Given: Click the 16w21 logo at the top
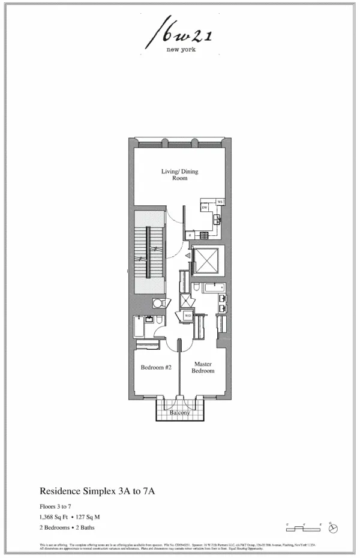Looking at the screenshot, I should pyautogui.click(x=180, y=34).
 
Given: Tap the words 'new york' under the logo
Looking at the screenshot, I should pyautogui.click(x=181, y=50).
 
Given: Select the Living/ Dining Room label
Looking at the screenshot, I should pyautogui.click(x=179, y=175).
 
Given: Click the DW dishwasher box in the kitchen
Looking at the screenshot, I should pyautogui.click(x=205, y=207).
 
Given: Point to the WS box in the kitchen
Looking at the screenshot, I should pyautogui.click(x=220, y=202).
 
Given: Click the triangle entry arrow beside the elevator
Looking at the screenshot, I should pyautogui.click(x=187, y=256).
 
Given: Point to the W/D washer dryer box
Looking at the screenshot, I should pyautogui.click(x=188, y=315).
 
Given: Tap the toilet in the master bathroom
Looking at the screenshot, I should pyautogui.click(x=197, y=290).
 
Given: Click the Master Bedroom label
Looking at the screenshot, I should pyautogui.click(x=203, y=367).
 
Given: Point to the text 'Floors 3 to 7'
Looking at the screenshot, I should pyautogui.click(x=57, y=505).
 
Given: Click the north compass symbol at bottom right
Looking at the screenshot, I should pyautogui.click(x=334, y=528).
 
